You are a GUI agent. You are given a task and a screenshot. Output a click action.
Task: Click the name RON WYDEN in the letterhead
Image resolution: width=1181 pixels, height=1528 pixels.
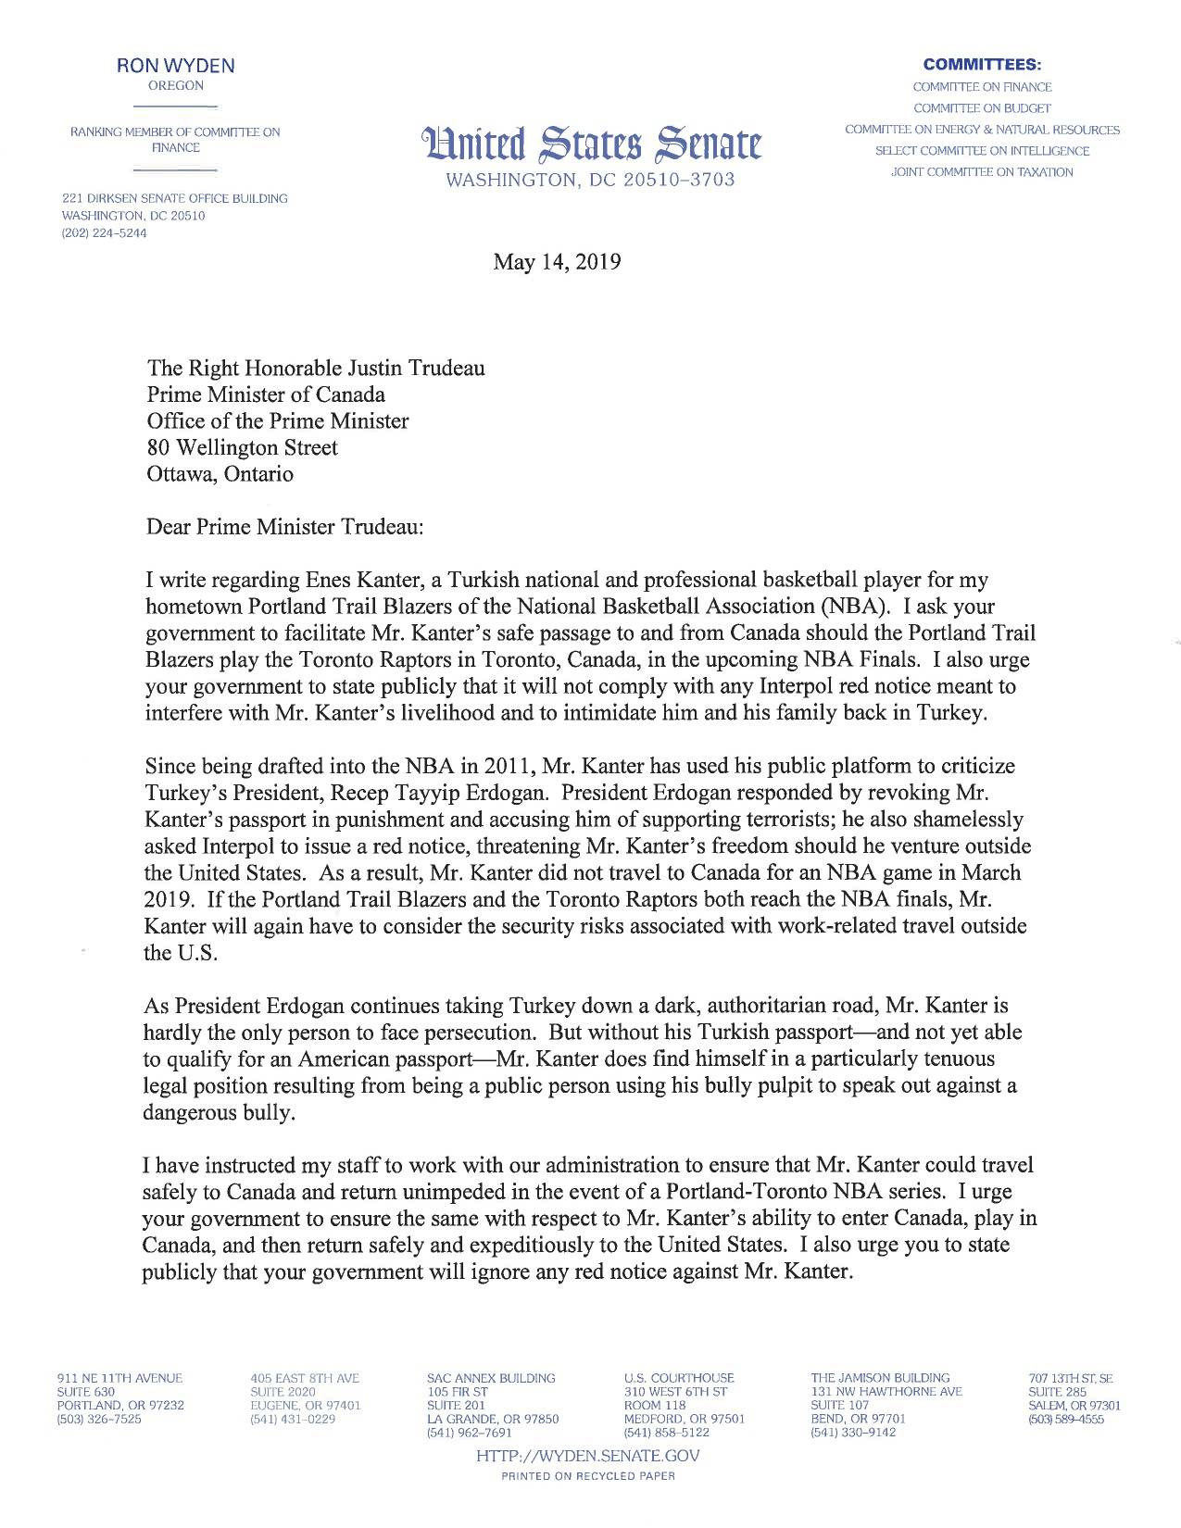[x=175, y=66]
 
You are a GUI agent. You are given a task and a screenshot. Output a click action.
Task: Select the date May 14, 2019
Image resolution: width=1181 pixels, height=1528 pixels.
[x=557, y=262]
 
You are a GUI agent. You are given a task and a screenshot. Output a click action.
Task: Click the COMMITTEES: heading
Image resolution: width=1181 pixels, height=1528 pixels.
[x=982, y=65]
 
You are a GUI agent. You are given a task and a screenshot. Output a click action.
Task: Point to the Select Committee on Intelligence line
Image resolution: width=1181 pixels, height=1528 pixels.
[x=982, y=151]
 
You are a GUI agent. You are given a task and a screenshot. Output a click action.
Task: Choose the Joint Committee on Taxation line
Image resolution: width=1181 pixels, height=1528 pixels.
[x=982, y=172]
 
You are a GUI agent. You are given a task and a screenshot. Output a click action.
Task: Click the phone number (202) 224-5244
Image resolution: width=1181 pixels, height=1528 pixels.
[x=104, y=233]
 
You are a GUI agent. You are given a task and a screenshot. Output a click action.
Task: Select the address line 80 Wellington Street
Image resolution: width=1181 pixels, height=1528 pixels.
[x=242, y=448]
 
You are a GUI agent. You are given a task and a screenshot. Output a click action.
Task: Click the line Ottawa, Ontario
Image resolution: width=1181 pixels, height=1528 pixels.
[x=220, y=474]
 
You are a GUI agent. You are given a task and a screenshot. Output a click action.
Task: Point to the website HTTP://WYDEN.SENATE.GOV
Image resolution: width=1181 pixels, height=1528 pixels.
[x=587, y=1456]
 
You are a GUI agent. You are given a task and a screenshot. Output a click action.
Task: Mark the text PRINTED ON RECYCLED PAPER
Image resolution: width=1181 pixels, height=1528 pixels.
[x=587, y=1476]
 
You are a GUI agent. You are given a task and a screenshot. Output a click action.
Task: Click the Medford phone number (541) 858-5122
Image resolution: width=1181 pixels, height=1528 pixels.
[x=666, y=1433]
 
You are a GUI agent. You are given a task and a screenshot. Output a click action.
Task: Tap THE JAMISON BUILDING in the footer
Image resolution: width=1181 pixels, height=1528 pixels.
[x=880, y=1378]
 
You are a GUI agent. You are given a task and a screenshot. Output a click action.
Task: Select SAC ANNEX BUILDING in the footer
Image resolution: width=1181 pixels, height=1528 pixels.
[x=491, y=1378]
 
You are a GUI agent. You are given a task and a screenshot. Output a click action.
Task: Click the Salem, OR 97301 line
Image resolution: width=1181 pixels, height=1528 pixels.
[x=1074, y=1406]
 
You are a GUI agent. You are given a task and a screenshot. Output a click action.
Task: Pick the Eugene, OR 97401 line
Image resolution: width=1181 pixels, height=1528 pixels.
[x=305, y=1406]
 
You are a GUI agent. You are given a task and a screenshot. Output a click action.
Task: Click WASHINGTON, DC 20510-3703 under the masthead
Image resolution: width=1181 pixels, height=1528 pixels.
[x=590, y=180]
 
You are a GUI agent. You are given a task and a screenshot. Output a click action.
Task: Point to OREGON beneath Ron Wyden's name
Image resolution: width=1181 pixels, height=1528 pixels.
[x=175, y=86]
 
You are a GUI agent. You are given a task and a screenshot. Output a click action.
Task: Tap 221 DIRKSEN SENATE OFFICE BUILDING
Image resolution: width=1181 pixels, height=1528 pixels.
[x=174, y=198]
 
